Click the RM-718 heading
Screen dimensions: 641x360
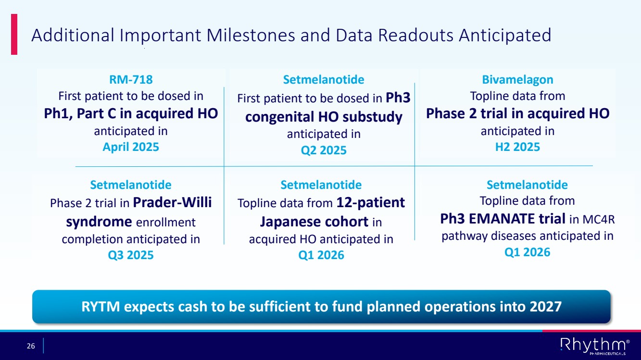131,79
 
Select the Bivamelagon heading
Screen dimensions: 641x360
517,79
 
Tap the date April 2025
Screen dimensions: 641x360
131,147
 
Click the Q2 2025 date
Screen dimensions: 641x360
324,150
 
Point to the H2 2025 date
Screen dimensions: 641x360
517,147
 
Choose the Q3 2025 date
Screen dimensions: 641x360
131,255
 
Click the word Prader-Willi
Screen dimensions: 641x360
172,202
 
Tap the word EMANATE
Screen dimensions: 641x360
502,219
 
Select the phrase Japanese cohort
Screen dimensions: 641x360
314,222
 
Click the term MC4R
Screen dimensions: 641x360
599,219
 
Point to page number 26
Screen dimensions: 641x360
31,346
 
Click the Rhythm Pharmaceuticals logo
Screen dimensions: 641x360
595,346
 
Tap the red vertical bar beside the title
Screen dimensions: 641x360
14,34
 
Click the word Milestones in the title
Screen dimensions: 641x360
251,35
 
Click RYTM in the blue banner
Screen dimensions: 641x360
101,307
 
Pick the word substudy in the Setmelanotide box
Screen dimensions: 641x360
372,117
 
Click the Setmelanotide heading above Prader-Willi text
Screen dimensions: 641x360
131,185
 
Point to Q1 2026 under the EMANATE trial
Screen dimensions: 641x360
527,252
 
